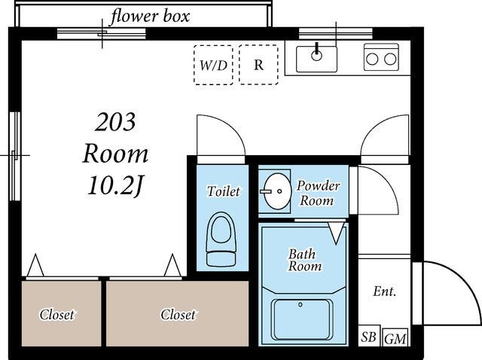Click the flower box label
150,17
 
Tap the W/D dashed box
213,65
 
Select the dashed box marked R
258,65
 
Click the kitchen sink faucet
316,51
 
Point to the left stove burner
372,59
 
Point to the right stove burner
390,59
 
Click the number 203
115,122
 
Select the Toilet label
224,191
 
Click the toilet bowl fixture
221,239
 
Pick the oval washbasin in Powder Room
276,191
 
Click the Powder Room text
318,194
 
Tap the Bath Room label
304,260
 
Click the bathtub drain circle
300,305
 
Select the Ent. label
385,291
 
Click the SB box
369,336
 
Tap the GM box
395,337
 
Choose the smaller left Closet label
57,315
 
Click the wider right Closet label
178,315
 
